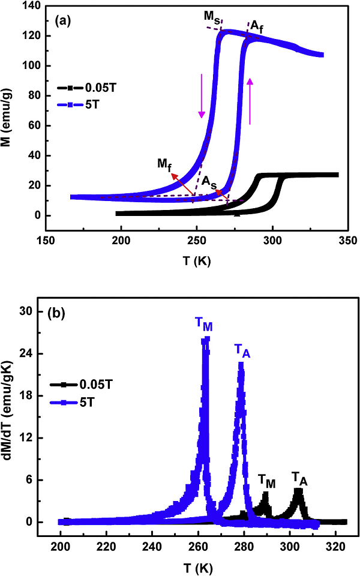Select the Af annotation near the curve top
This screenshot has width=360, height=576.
[x=256, y=26]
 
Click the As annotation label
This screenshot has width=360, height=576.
[x=209, y=181]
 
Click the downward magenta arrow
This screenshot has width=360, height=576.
[x=202, y=95]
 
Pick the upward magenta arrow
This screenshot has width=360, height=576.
[x=250, y=102]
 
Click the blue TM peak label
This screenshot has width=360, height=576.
[x=203, y=323]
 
